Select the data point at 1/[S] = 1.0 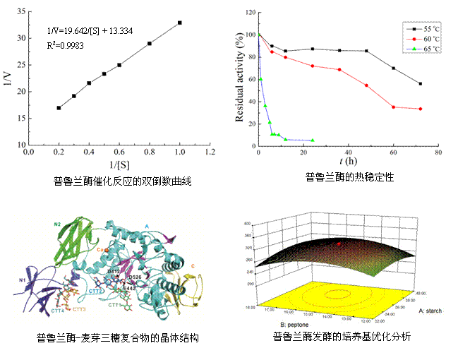pos(180,23)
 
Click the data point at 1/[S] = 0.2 pos(59,108)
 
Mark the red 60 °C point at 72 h pos(421,109)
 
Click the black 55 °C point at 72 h pos(421,84)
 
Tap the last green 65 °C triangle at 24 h pos(313,140)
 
